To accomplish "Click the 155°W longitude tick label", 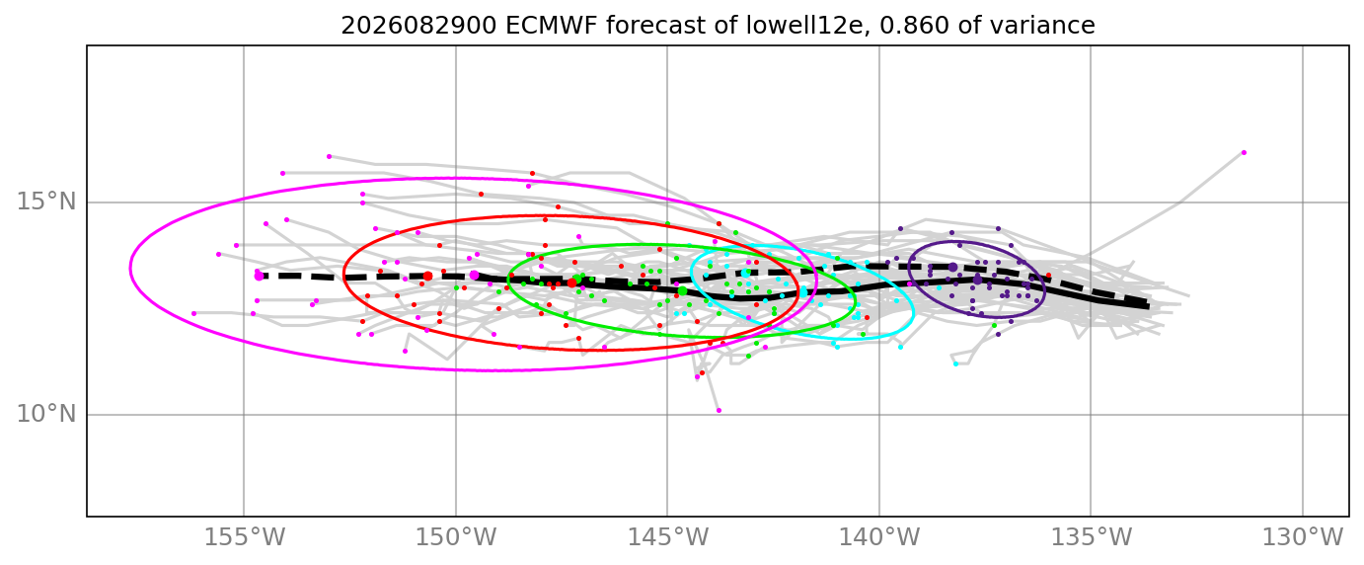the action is tap(244, 537).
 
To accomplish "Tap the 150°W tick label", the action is tap(455, 537).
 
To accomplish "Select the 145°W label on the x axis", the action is tap(667, 537).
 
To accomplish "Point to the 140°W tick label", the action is tap(878, 537).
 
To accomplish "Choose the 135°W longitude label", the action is tap(1091, 537).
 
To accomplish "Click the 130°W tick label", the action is tap(1303, 537).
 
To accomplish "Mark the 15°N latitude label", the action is tap(46, 202).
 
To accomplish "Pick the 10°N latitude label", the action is tap(46, 415).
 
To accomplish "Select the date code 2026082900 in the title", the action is tap(418, 26).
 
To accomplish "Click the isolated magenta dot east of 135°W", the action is tap(1244, 152).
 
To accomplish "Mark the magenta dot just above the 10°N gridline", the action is tap(719, 410).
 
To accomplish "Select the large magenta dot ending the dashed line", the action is tap(259, 277).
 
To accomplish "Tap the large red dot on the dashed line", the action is tap(427, 277).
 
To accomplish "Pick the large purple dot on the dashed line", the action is tap(953, 267).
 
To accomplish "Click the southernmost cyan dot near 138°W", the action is tap(955, 363).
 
